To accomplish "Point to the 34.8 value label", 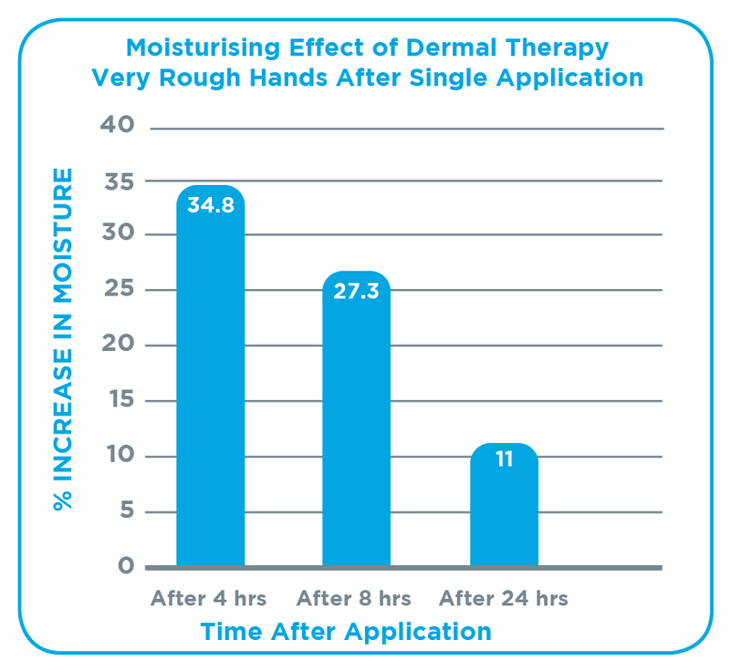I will coord(211,205).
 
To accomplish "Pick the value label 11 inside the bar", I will coord(504,459).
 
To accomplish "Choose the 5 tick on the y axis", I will coord(125,511).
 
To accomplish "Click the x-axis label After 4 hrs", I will coord(209,599).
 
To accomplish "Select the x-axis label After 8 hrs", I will coord(354,599).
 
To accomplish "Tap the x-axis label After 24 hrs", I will coord(504,599).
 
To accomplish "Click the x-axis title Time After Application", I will coord(346,631).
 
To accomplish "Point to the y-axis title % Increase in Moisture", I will coord(63,339).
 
